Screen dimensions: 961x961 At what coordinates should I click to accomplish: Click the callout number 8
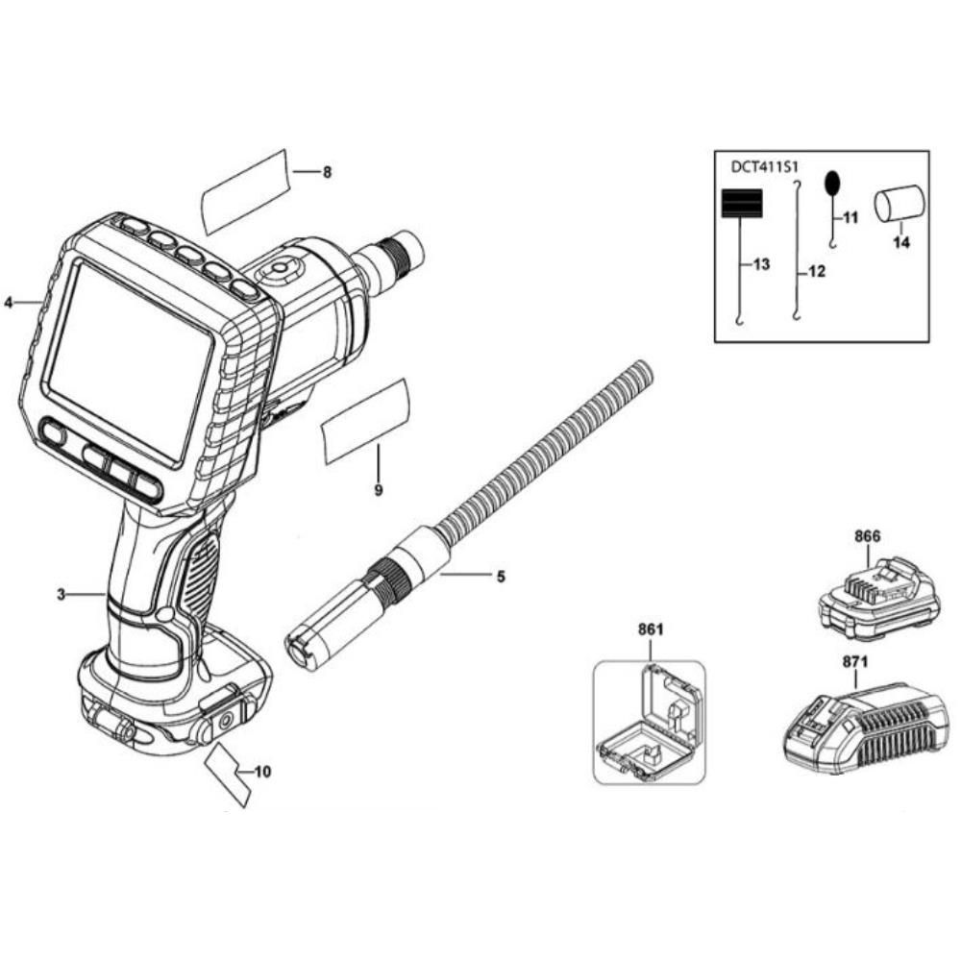328,172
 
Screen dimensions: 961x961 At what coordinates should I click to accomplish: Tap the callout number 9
378,490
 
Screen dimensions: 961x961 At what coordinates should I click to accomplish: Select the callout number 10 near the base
262,772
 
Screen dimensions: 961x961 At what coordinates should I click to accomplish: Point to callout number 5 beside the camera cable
502,576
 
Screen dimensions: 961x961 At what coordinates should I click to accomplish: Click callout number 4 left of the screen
9,302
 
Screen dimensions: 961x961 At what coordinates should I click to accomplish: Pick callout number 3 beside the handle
61,594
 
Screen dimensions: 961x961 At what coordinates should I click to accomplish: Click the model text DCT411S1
763,166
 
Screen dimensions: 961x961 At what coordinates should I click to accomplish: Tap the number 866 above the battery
867,536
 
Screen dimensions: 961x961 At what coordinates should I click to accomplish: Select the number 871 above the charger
855,662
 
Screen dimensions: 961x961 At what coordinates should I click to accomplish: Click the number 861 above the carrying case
651,629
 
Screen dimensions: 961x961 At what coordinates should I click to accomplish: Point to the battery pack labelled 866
879,601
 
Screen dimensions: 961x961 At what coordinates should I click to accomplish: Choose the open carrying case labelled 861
650,722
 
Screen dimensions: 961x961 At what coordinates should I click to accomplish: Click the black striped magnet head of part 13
742,204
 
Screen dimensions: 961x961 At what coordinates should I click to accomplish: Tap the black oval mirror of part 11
832,182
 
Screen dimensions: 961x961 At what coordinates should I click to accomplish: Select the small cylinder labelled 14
899,203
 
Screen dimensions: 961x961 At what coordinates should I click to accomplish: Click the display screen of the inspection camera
130,361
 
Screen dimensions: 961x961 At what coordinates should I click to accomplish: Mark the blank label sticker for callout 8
245,192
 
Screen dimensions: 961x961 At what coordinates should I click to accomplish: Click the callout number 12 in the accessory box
817,271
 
